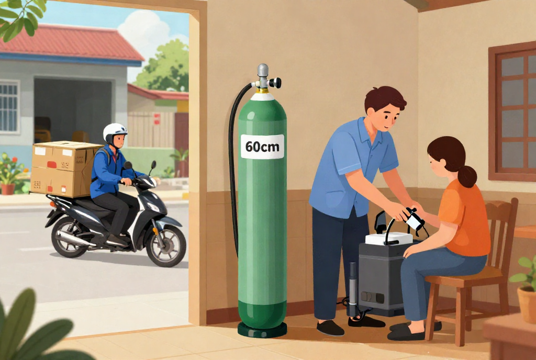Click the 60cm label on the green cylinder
262,147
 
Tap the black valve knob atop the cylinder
275,83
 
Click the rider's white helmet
115,132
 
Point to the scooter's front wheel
166,245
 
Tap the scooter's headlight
153,207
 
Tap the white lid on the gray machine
389,238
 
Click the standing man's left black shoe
330,328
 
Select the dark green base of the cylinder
262,330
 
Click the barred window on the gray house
9,107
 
